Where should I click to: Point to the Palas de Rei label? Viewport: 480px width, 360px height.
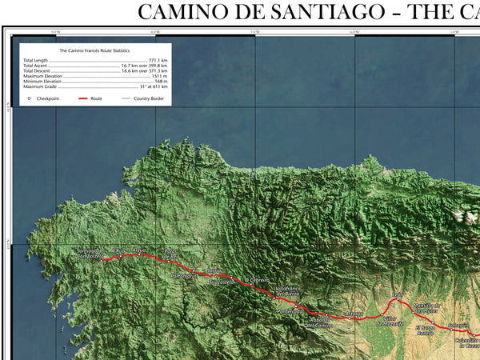[170, 254]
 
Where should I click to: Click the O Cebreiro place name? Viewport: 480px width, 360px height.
[257, 280]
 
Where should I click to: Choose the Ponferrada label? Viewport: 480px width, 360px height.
[290, 311]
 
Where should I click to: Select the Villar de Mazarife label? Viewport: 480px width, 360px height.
[389, 322]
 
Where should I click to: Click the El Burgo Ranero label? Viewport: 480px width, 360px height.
[430, 330]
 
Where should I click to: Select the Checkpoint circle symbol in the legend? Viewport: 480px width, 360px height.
[29, 98]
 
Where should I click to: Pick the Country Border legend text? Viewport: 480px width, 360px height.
[149, 98]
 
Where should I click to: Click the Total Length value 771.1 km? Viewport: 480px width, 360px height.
[157, 60]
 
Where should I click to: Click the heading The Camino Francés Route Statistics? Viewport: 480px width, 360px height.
[94, 50]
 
